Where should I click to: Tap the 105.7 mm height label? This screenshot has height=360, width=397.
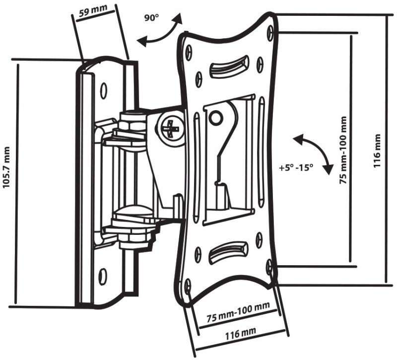[x=6, y=167]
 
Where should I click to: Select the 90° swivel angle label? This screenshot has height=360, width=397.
[x=151, y=18]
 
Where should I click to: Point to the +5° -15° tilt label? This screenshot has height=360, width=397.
[x=296, y=168]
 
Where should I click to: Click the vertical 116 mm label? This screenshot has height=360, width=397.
[x=377, y=150]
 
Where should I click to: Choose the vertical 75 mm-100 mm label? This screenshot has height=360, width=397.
[x=343, y=150]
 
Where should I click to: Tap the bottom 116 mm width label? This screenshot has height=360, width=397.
[x=241, y=333]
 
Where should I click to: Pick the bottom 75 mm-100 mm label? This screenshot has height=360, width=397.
[x=238, y=313]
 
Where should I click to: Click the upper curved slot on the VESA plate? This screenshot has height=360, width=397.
[x=229, y=67]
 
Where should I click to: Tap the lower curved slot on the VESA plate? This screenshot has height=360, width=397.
[x=228, y=253]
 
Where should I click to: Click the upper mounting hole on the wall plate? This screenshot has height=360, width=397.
[x=103, y=91]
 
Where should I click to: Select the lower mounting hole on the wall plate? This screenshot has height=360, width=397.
[x=103, y=276]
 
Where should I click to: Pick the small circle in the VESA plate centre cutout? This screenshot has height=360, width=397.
[x=215, y=118]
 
